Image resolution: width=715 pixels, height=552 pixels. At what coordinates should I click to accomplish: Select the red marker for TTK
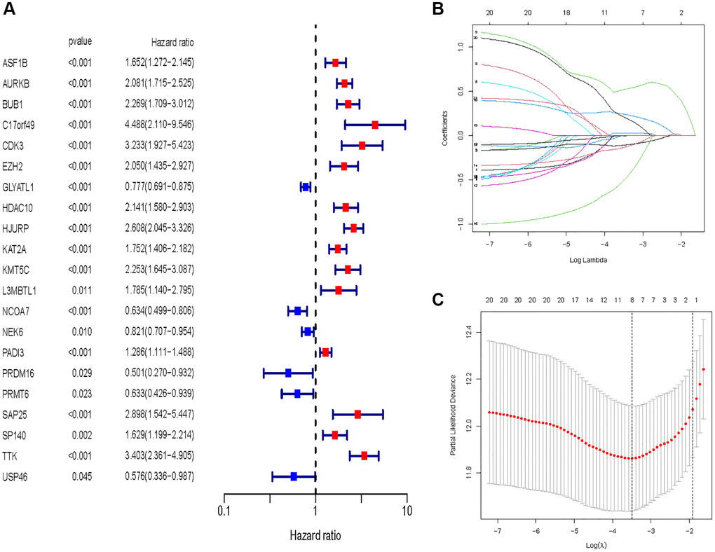point(364,456)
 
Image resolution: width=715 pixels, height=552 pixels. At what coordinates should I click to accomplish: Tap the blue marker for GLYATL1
point(305,187)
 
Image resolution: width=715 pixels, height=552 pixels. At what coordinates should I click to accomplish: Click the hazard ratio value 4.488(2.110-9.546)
point(159,125)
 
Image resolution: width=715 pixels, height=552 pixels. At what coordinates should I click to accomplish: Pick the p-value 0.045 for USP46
point(81,477)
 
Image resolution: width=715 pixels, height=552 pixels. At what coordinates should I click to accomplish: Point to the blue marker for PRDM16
point(288,373)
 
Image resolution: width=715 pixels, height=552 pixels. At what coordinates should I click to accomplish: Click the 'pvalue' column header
point(80,41)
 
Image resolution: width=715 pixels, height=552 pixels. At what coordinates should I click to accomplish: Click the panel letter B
point(438,9)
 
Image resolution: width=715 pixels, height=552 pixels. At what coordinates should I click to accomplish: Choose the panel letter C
point(438,301)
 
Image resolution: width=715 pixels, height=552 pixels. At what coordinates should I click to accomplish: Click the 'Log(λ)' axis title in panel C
point(593,544)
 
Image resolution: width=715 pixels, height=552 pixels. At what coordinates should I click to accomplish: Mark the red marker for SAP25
point(357,415)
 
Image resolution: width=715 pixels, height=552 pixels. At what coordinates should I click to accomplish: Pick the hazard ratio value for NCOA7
point(159,311)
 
